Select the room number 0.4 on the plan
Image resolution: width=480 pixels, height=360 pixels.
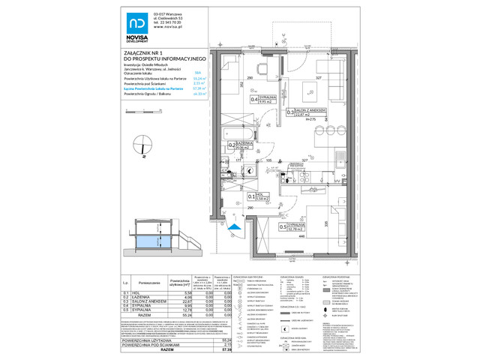pos(254,98)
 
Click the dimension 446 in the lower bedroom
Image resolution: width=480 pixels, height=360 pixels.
pos(301,236)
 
